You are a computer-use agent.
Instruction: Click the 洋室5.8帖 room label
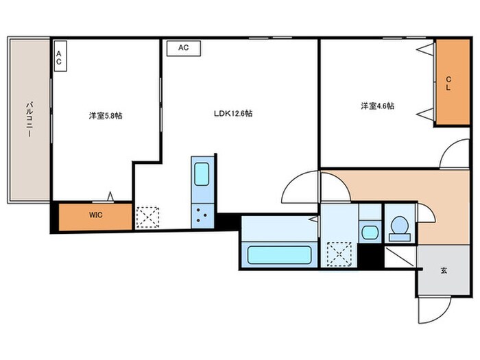click(x=105, y=116)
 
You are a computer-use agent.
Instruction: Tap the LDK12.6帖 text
click(x=232, y=113)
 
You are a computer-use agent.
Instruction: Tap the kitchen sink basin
click(x=202, y=174)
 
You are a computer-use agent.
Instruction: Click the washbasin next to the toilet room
click(x=370, y=230)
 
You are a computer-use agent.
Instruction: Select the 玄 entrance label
click(x=444, y=269)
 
